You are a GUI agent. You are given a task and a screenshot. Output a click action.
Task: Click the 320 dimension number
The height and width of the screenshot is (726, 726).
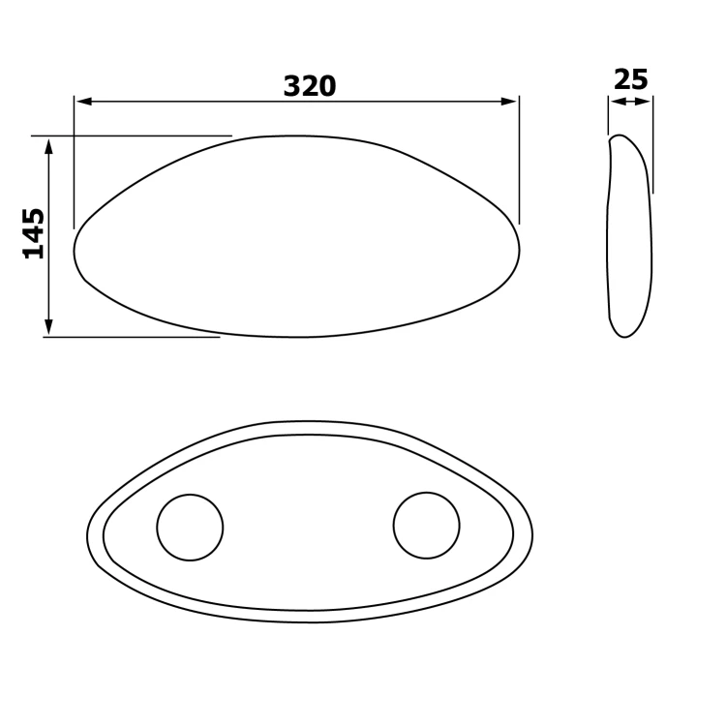(310, 86)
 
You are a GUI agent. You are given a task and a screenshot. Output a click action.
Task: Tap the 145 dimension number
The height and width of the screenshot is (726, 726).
(34, 234)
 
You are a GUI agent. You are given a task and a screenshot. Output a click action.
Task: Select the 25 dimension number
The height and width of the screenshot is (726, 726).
(630, 79)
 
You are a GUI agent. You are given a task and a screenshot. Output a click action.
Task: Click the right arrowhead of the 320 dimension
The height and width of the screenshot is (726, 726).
(509, 102)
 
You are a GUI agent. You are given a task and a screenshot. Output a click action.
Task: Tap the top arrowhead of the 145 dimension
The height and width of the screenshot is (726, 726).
(48, 145)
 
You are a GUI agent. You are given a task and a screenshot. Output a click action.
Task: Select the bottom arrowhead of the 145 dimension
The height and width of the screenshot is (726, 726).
(48, 327)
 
